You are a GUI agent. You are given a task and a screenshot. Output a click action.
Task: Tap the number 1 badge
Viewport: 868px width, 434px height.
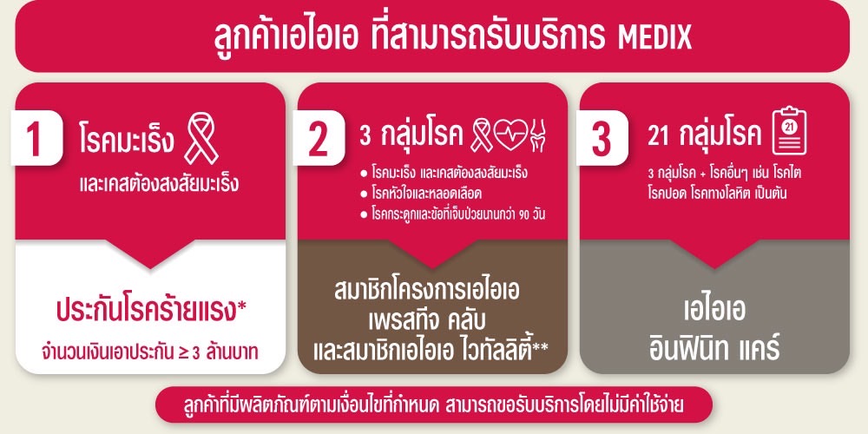tap(36, 137)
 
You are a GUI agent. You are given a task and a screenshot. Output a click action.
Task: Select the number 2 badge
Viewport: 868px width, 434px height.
tap(318, 137)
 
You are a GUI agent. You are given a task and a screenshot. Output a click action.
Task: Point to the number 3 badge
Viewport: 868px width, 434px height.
tap(602, 137)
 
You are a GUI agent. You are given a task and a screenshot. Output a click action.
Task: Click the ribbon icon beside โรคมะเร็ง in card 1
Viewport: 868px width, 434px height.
tap(201, 138)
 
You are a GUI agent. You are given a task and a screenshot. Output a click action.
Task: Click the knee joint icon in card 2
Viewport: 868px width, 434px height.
tap(537, 136)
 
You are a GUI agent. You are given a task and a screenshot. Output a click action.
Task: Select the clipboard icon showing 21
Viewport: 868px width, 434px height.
tap(789, 131)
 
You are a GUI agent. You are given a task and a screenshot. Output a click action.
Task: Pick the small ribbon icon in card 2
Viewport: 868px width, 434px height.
tap(481, 136)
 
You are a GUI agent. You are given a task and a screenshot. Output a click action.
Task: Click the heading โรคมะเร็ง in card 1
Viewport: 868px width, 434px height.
tap(126, 140)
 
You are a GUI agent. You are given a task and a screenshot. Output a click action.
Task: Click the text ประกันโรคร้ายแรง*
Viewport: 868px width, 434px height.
tap(151, 311)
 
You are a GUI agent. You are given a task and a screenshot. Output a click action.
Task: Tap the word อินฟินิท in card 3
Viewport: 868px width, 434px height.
tap(681, 348)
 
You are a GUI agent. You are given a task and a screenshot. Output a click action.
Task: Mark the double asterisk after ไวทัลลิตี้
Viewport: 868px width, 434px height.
tap(541, 347)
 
